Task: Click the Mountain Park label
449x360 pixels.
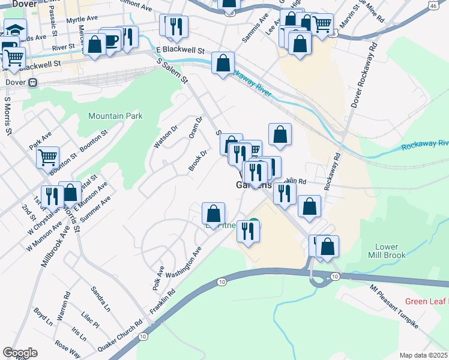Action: click(115, 116)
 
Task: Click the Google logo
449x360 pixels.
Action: click(20, 352)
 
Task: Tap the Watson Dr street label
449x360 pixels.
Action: click(166, 138)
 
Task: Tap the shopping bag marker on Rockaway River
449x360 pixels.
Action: click(223, 62)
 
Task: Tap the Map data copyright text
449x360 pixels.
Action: click(424, 355)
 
